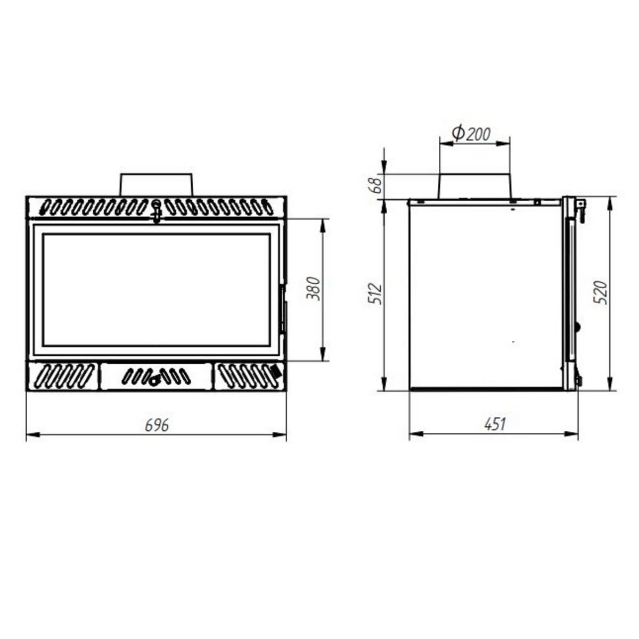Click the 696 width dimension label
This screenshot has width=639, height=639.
[x=157, y=425]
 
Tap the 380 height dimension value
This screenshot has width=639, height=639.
[x=315, y=289]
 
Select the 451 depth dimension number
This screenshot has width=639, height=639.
[x=495, y=424]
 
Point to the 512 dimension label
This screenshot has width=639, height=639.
[x=376, y=294]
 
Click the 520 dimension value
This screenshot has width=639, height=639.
[x=600, y=292]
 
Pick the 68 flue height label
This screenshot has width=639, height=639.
[x=376, y=186]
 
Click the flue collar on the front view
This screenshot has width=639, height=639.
[x=156, y=184]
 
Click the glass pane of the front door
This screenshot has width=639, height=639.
[x=156, y=290]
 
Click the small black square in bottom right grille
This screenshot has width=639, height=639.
[x=275, y=370]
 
